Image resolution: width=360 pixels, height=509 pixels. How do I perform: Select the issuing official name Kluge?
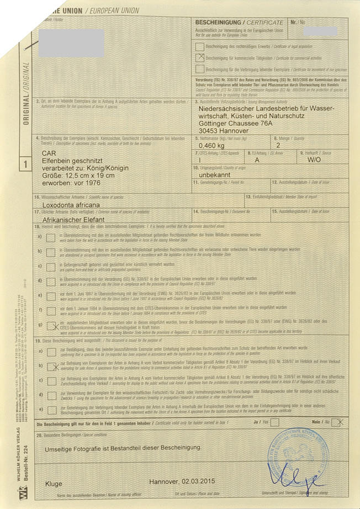coord(54,483)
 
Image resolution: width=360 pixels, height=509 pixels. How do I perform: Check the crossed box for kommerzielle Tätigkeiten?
coord(199,57)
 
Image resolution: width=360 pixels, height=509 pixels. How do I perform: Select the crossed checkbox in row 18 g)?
coord(51,325)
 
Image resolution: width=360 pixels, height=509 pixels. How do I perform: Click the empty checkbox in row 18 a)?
coord(51,236)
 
